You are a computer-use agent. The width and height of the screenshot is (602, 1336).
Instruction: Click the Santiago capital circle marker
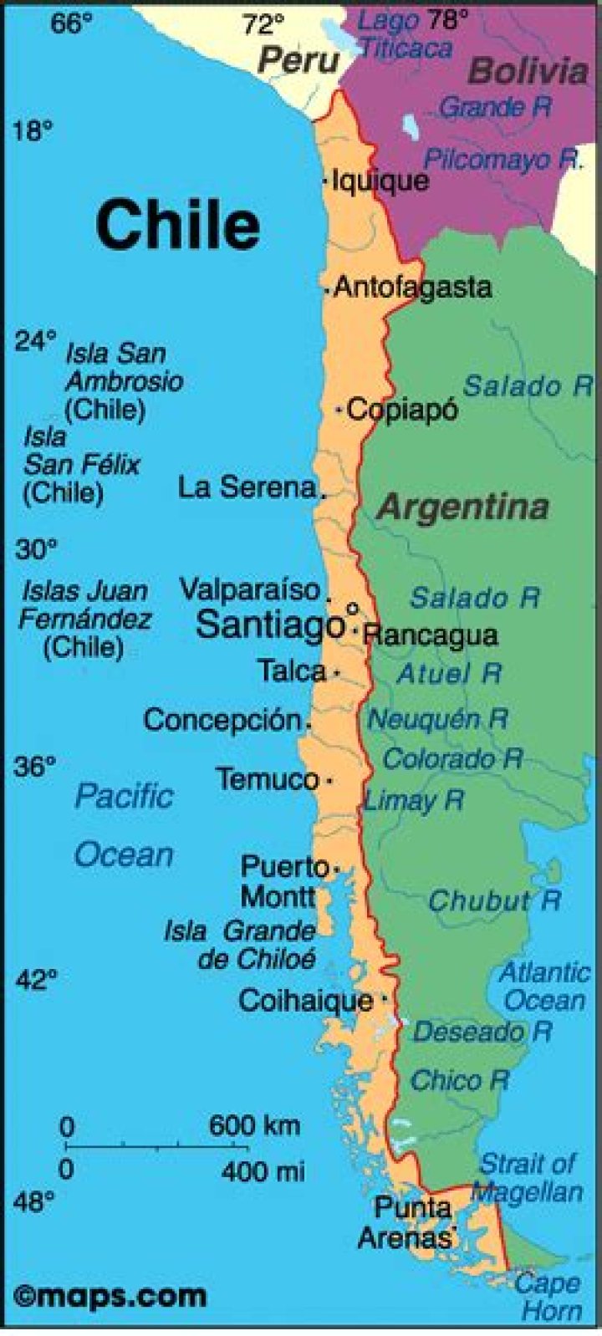click(352, 609)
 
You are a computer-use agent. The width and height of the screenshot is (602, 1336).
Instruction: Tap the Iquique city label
click(380, 181)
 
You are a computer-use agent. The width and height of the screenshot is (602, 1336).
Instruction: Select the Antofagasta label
click(412, 288)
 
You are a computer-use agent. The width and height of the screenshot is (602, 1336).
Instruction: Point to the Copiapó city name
click(402, 410)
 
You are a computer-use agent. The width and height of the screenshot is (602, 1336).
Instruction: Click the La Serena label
click(247, 487)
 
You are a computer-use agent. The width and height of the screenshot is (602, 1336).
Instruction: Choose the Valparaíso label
click(250, 589)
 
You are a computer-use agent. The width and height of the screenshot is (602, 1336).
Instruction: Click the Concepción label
click(222, 720)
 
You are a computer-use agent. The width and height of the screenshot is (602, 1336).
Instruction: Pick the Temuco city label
click(268, 780)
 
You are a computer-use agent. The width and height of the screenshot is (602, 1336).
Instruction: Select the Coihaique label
click(306, 1000)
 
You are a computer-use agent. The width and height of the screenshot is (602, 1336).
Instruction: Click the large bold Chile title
click(177, 224)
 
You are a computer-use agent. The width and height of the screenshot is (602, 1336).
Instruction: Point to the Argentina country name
click(463, 507)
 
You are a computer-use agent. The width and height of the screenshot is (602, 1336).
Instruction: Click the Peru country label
click(298, 60)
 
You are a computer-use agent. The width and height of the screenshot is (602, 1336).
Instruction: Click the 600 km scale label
click(254, 1125)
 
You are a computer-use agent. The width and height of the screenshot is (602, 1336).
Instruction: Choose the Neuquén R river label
click(437, 719)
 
